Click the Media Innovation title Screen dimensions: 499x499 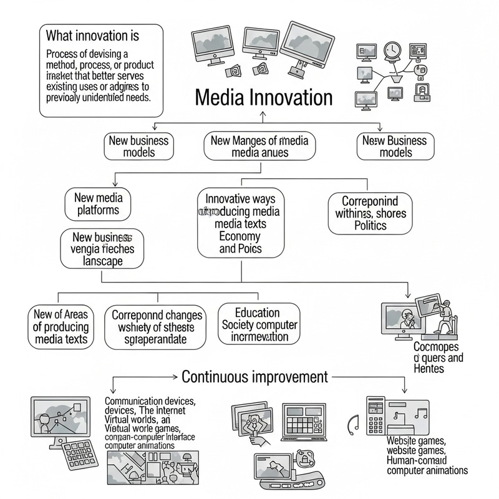[264, 98]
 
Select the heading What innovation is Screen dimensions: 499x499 [93, 35]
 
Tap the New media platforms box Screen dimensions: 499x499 [99, 204]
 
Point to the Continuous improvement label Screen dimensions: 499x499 [254, 377]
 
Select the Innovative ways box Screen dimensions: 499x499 [240, 224]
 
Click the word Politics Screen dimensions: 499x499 [371, 226]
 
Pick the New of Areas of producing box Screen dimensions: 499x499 [61, 326]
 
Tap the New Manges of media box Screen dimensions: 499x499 [259, 146]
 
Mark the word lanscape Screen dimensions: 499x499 [102, 262]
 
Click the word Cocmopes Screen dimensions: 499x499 [436, 346]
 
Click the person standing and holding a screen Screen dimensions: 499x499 [444, 315]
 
